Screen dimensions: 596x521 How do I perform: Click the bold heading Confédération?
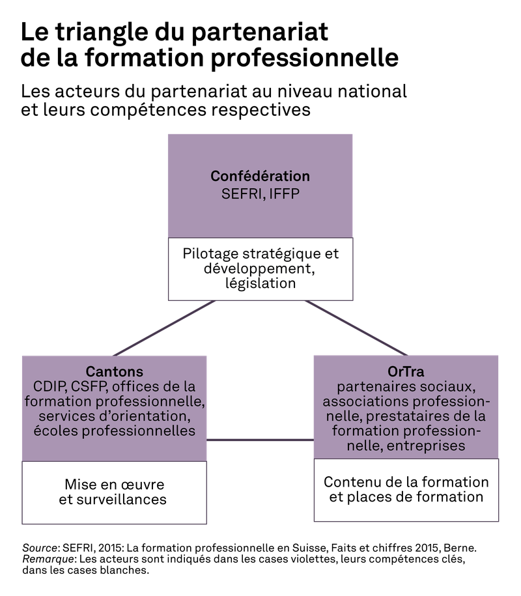(x=260, y=177)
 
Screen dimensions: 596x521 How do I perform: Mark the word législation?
(x=260, y=284)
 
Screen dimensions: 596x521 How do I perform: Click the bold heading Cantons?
(x=114, y=372)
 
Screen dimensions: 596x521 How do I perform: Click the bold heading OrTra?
(x=406, y=372)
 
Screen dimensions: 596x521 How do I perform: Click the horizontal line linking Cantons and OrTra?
(x=260, y=440)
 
